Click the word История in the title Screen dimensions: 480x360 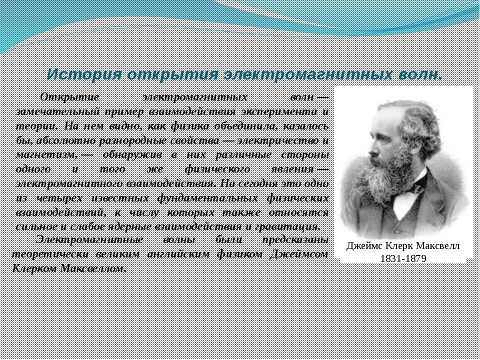coord(84,74)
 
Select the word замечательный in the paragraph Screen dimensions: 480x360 coord(57,112)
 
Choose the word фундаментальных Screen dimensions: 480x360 coord(207,198)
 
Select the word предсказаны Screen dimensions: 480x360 coord(295,240)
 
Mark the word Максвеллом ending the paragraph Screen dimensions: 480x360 coord(93,269)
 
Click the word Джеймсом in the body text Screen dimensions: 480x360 coord(299,254)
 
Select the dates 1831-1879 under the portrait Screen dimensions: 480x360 coord(403,258)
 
